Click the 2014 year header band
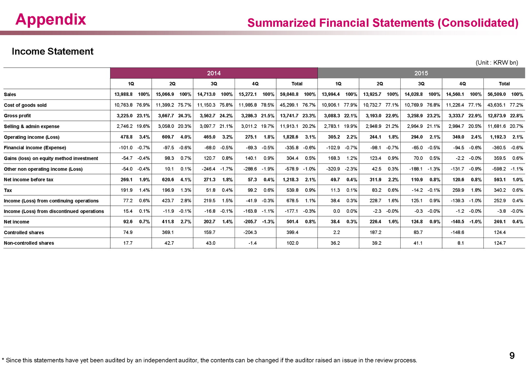[x=214, y=73]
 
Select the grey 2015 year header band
[x=421, y=73]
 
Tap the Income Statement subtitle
[x=52, y=51]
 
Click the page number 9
[x=512, y=355]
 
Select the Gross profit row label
[x=17, y=116]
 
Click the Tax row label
[x=8, y=190]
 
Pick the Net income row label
[x=16, y=222]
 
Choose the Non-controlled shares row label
[x=29, y=243]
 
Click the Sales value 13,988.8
[x=123, y=94]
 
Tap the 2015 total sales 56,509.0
[x=497, y=94]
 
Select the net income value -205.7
[x=250, y=222]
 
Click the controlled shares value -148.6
[x=457, y=232]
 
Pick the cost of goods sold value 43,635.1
[x=497, y=105]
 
